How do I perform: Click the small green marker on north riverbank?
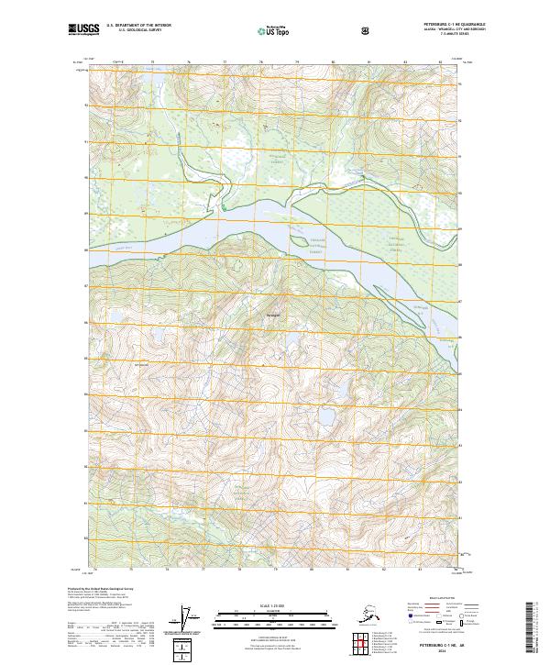pyautogui.click(x=223, y=208)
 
